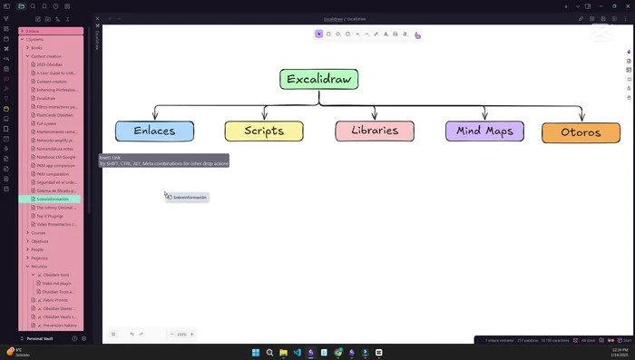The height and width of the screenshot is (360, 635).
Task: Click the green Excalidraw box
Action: tap(318, 79)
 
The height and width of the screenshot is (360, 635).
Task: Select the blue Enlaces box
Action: tap(154, 131)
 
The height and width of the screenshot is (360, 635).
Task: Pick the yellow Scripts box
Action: tap(264, 131)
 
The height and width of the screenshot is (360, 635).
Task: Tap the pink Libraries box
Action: tap(375, 131)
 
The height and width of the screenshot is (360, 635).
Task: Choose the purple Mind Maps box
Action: tap(484, 131)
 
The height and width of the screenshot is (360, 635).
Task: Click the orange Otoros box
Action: tap(581, 132)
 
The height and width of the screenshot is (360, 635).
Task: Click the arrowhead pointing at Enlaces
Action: tap(154, 117)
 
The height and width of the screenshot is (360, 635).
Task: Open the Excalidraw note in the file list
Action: tap(47, 98)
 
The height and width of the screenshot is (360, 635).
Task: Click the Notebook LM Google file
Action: tap(56, 157)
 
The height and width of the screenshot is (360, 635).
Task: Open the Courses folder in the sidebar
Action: tap(39, 233)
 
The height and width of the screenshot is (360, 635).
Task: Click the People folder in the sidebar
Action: tap(38, 249)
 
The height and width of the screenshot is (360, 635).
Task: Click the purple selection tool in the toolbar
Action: tap(318, 34)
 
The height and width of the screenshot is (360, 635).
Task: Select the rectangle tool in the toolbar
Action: tap(328, 34)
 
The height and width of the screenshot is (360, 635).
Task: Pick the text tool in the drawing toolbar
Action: tap(386, 34)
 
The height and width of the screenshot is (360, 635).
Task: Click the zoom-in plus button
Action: tap(191, 335)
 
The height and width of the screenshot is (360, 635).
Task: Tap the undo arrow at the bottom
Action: tap(132, 335)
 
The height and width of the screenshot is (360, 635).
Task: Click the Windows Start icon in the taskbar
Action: tap(256, 352)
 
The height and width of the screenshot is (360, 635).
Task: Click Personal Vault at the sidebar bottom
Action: tap(41, 338)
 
